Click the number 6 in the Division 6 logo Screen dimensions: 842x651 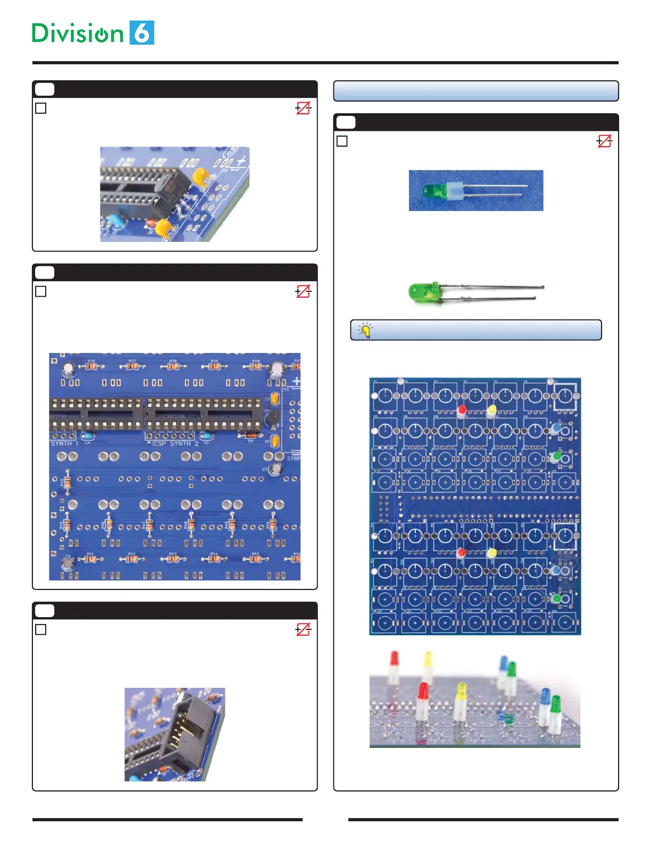pyautogui.click(x=141, y=33)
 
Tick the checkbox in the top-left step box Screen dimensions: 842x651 pyautogui.click(x=41, y=108)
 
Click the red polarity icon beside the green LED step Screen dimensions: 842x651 pyautogui.click(x=604, y=141)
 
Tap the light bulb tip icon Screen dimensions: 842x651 pyautogui.click(x=365, y=330)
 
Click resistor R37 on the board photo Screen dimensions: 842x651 pyautogui.click(x=132, y=366)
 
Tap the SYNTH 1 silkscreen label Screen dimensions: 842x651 pyautogui.click(x=64, y=443)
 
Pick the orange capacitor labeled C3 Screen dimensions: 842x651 pyautogui.click(x=275, y=398)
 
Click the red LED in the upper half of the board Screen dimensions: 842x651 pyautogui.click(x=462, y=410)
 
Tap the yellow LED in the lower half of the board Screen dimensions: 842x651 pyautogui.click(x=492, y=553)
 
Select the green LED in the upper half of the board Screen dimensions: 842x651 pyautogui.click(x=557, y=456)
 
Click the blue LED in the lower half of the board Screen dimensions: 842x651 pyautogui.click(x=556, y=570)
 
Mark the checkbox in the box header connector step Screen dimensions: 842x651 pyautogui.click(x=41, y=630)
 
